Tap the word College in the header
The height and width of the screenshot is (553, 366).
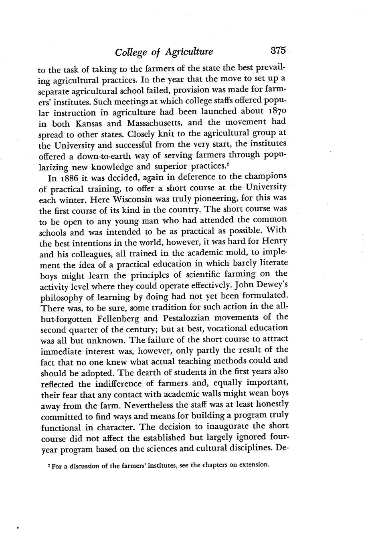(x=129, y=52)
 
